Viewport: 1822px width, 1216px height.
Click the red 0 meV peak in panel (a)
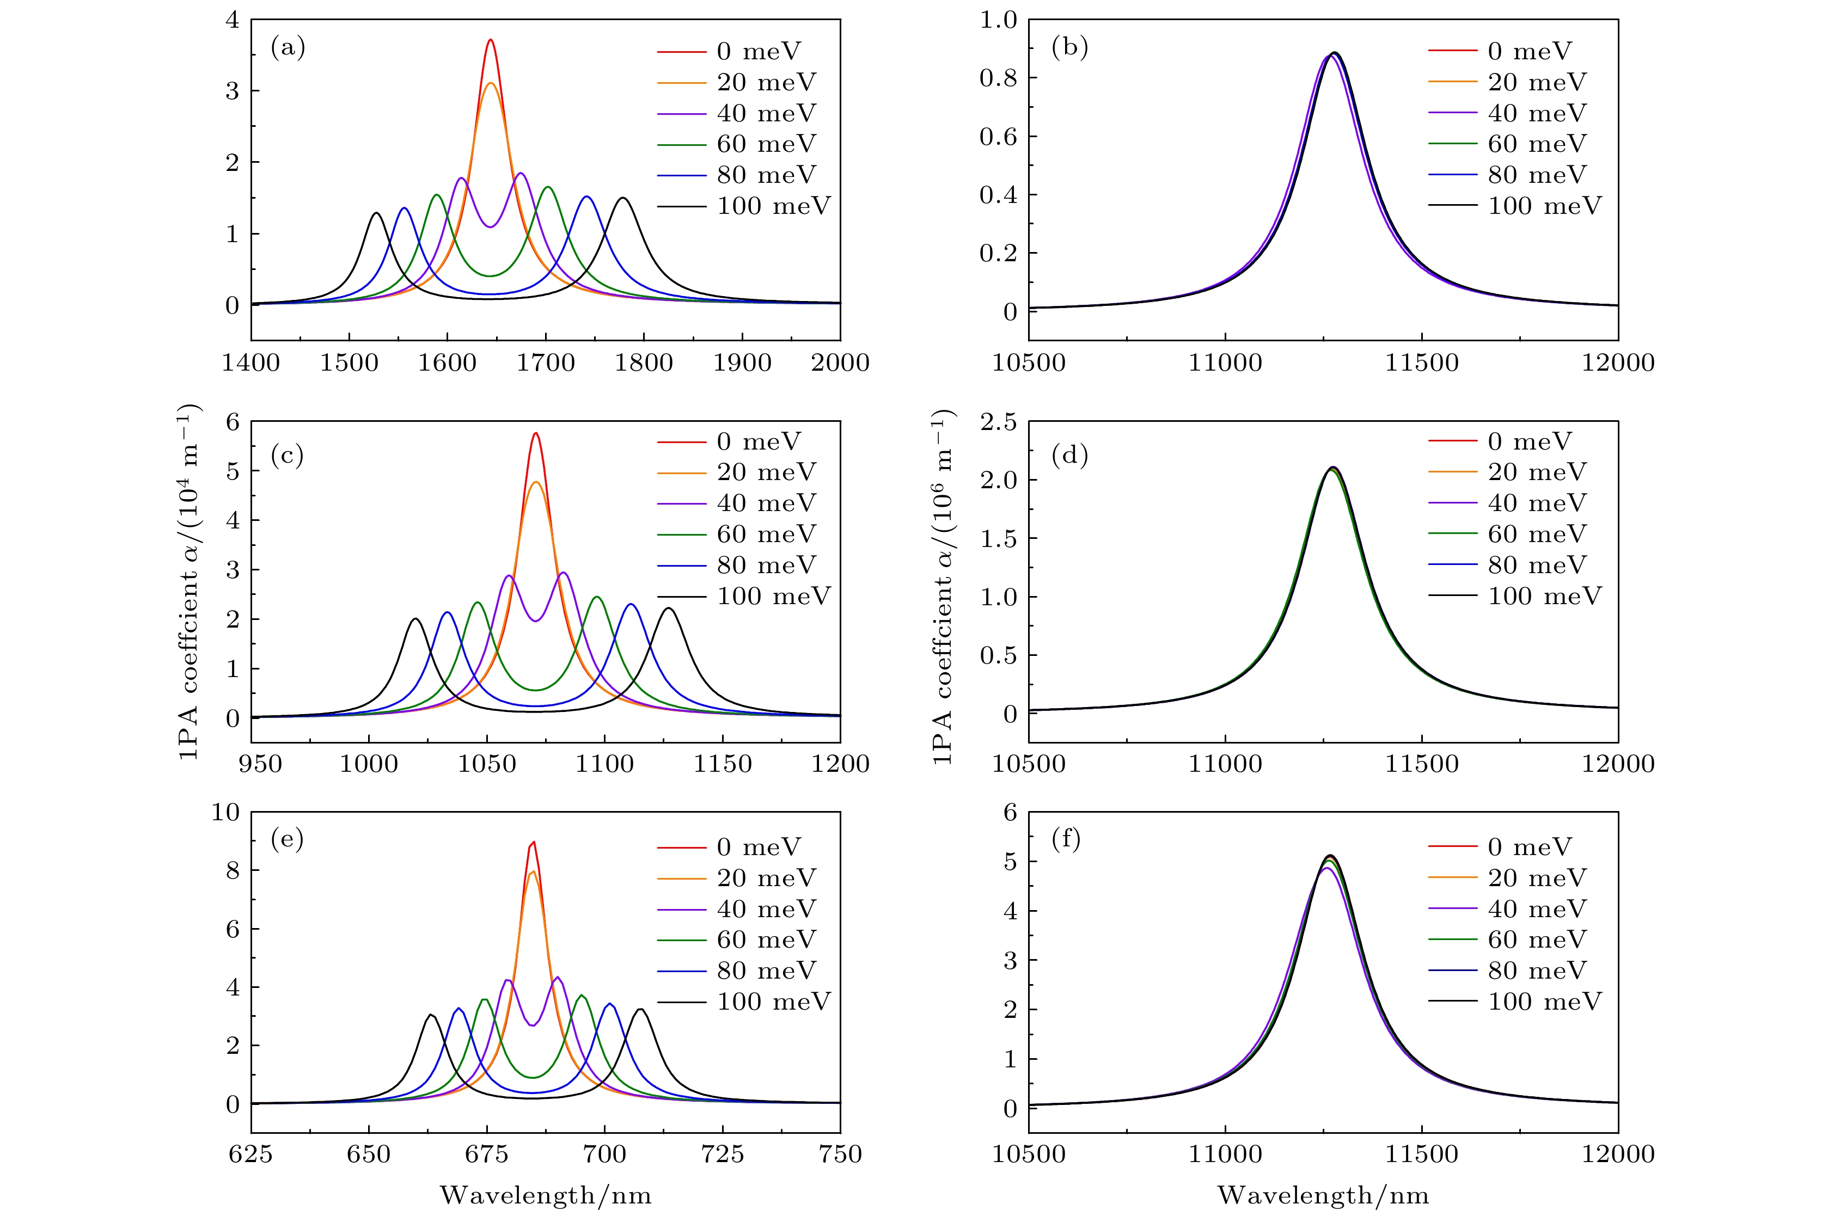(490, 40)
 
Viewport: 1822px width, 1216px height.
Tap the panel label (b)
(1069, 48)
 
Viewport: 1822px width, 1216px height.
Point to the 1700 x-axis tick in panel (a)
(545, 362)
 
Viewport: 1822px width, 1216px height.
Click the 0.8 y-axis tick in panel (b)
(998, 78)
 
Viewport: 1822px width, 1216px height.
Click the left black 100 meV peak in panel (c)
(415, 619)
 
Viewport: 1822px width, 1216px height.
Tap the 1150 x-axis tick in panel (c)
(722, 764)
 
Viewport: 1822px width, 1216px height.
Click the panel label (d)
(1069, 455)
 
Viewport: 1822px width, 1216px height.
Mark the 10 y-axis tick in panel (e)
(226, 813)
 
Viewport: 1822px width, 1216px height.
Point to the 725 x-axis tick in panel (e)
(722, 1154)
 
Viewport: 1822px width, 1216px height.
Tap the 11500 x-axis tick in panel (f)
(1422, 1154)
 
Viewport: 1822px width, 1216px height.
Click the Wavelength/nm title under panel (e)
(545, 1195)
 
